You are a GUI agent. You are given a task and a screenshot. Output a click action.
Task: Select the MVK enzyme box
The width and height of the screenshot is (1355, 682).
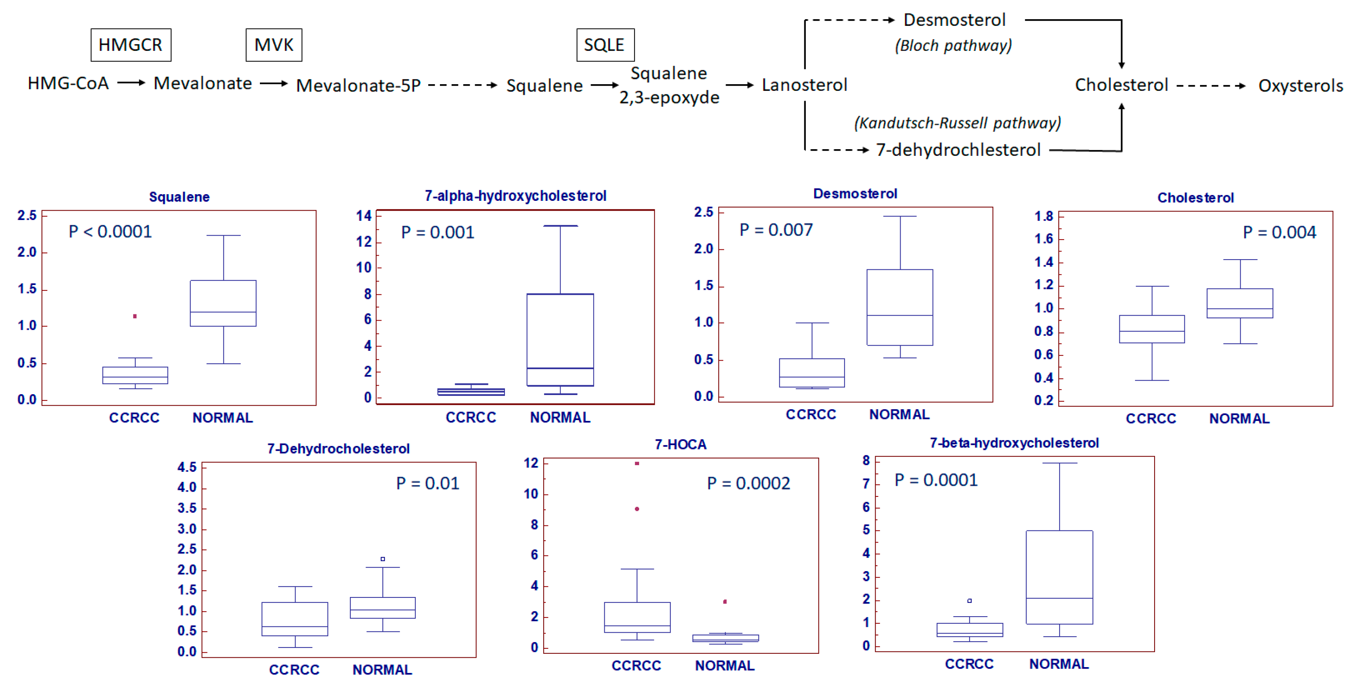(x=274, y=45)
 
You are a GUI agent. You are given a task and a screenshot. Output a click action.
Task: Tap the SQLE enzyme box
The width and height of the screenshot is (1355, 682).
(x=605, y=45)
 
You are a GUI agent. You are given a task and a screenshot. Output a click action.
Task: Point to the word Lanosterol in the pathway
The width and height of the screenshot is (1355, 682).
(x=804, y=85)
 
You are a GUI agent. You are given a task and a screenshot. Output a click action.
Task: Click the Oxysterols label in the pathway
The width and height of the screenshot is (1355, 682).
(x=1300, y=85)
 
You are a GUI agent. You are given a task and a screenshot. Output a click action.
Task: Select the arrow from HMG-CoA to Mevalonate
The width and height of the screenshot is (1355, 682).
(x=131, y=83)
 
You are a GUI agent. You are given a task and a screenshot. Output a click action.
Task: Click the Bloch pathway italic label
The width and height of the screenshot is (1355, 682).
(x=953, y=46)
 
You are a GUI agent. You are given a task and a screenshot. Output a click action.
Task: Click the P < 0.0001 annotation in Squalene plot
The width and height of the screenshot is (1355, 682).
(x=110, y=231)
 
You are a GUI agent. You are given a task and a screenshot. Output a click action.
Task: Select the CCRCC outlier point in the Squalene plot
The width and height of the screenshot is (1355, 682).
(x=135, y=316)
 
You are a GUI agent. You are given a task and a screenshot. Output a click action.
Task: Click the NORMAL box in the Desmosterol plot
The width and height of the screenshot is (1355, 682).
(x=899, y=307)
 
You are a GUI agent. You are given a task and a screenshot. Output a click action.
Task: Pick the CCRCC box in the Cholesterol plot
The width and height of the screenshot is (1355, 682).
(x=1151, y=329)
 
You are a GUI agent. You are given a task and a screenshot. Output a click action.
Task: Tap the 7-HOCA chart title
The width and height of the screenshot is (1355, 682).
(x=680, y=445)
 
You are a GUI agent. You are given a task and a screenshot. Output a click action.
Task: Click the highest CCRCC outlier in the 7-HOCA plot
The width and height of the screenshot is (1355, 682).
(x=637, y=464)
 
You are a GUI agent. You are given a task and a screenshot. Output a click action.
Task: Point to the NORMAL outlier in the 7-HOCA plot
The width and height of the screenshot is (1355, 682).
(x=725, y=601)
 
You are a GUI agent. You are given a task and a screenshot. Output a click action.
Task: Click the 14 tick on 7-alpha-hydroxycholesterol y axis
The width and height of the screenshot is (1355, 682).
(x=364, y=216)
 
